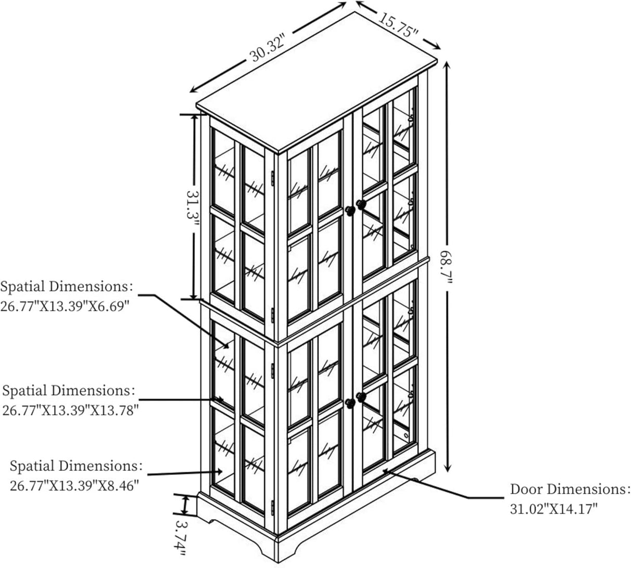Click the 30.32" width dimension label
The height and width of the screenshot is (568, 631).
pos(267,47)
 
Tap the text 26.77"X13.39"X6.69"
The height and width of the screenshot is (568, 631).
pos(65,306)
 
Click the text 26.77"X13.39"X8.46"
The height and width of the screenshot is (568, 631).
pos(74,486)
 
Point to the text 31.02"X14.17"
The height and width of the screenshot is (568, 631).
pos(554,509)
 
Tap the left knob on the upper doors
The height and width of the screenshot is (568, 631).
pos(350,210)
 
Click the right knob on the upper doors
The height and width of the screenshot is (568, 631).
pos(361,205)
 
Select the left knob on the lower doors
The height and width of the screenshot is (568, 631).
pos(350,403)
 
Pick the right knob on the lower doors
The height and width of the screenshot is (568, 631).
pos(361,397)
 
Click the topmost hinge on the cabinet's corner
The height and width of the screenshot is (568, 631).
pos(272,178)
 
